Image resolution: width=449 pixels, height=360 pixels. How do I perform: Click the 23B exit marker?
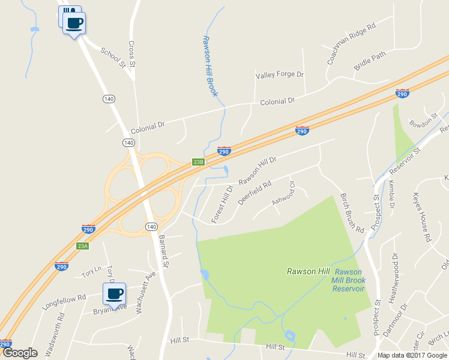(x=199, y=162)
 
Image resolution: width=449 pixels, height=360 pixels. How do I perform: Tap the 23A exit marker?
(x=82, y=246)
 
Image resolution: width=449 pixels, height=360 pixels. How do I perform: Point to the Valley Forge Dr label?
(x=280, y=75)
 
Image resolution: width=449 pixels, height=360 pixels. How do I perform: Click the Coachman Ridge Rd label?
(x=351, y=44)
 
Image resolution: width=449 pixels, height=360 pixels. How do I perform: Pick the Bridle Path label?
(x=370, y=61)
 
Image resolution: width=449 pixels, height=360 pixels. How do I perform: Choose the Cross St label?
(x=132, y=54)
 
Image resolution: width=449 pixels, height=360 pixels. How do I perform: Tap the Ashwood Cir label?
(x=284, y=194)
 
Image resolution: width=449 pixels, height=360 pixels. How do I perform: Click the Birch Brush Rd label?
(x=352, y=213)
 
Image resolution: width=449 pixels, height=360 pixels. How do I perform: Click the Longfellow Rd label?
(x=64, y=296)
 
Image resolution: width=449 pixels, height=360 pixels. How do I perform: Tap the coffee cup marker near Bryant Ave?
(x=114, y=293)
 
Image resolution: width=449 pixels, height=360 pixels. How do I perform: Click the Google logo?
(x=20, y=353)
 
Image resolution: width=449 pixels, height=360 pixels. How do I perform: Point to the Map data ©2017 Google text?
(x=412, y=355)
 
